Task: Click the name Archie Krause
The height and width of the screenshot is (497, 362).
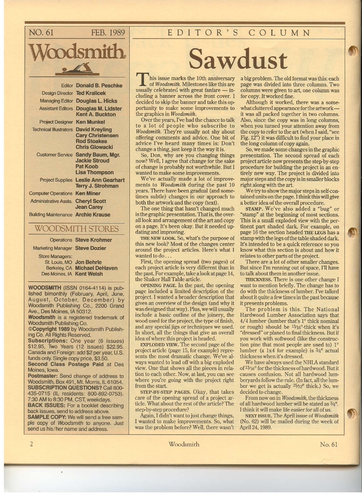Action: click(93, 215)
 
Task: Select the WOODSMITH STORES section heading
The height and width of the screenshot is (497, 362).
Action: click(77, 229)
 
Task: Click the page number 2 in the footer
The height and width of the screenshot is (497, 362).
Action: click(31, 444)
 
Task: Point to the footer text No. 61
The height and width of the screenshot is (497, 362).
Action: click(328, 444)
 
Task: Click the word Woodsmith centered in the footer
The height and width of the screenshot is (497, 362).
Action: click(184, 444)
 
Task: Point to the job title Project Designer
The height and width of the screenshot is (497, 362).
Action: click(56, 122)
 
